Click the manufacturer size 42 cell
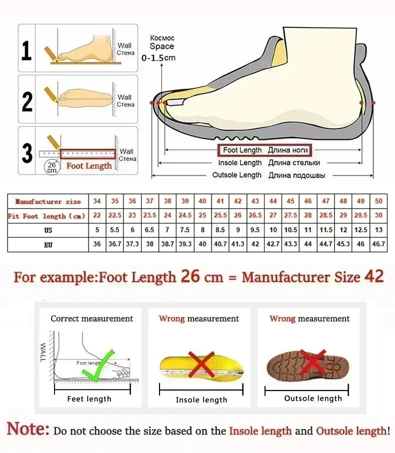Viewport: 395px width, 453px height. tap(238, 201)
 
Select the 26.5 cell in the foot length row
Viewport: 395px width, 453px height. tap(255, 216)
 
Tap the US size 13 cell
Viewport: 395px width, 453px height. tap(378, 230)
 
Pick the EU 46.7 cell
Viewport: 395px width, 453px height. tap(378, 245)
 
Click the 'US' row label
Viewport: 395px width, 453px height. tap(48, 230)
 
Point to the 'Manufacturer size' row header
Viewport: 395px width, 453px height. tap(48, 201)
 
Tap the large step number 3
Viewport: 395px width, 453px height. tap(27, 153)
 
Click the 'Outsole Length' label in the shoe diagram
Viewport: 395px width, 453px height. tap(237, 175)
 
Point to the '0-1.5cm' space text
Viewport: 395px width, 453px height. tap(158, 57)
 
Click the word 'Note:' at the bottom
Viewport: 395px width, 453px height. tap(28, 429)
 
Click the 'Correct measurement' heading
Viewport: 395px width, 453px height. tap(92, 318)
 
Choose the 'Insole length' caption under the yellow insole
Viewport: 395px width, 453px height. tap(201, 400)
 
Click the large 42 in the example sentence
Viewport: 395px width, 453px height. tap(374, 276)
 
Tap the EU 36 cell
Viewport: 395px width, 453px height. tap(97, 245)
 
